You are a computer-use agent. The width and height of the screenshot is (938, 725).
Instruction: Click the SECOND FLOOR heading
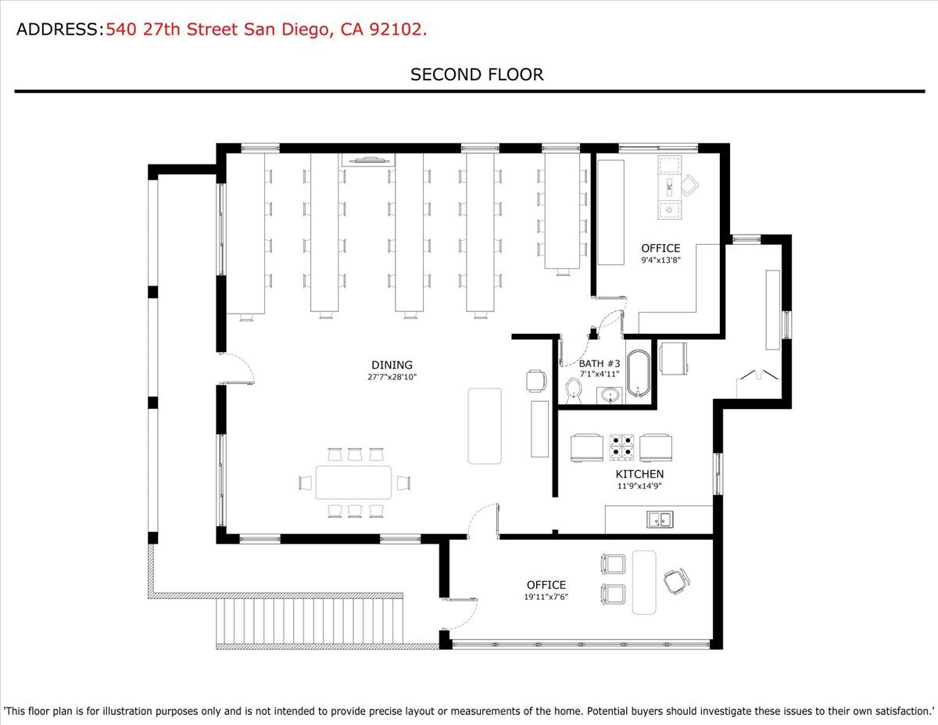point(477,75)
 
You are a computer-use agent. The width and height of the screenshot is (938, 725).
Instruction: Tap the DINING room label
point(392,365)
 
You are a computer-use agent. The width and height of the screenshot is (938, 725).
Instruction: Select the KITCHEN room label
point(639,474)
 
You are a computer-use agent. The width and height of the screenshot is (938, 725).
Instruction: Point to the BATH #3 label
point(599,364)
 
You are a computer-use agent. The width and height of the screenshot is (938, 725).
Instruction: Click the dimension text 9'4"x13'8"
point(661,260)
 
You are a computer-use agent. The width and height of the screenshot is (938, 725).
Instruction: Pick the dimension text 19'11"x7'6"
point(546,597)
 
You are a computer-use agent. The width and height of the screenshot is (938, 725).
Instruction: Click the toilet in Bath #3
point(574,390)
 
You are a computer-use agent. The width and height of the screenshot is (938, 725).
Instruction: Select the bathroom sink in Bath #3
point(610,395)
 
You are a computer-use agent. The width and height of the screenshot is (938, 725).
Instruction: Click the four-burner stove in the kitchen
point(621,447)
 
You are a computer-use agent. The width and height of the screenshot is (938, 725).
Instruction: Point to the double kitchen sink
point(660,519)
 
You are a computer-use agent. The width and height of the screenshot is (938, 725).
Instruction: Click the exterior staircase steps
point(310,621)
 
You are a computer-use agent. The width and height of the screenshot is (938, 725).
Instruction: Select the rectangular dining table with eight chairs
point(354,483)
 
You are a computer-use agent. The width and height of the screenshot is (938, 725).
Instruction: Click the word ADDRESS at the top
point(57,30)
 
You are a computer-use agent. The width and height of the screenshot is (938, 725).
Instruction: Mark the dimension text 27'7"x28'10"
point(392,377)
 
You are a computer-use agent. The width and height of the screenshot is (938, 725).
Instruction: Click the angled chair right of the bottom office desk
point(676,581)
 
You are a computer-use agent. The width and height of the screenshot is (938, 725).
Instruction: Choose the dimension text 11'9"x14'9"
point(639,486)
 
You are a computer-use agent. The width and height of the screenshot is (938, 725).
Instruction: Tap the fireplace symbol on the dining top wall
point(368,160)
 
